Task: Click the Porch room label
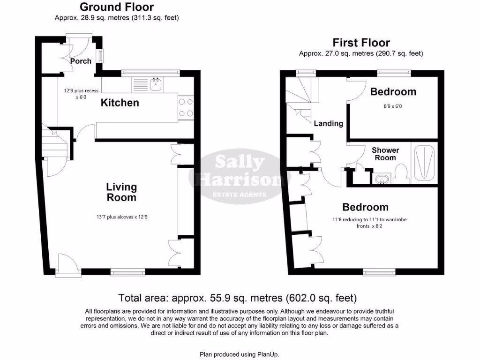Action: pos(81,61)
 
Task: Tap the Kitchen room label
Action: pos(120,103)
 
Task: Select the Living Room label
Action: pos(121,192)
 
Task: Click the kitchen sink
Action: pos(156,84)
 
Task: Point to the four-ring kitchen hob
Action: pos(186,107)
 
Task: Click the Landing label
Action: pos(328,123)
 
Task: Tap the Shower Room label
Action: pos(385,154)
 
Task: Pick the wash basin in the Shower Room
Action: pos(380,179)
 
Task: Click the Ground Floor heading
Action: pos(116,7)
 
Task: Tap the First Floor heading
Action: pos(361,43)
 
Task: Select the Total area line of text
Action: pos(238,298)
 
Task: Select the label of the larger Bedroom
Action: pos(365,207)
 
